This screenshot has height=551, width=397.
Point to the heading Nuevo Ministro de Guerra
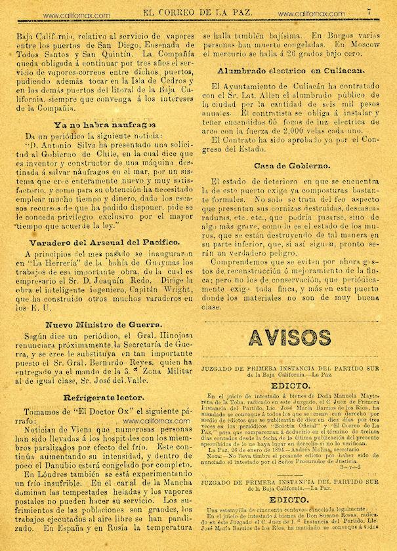click(x=104, y=324)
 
